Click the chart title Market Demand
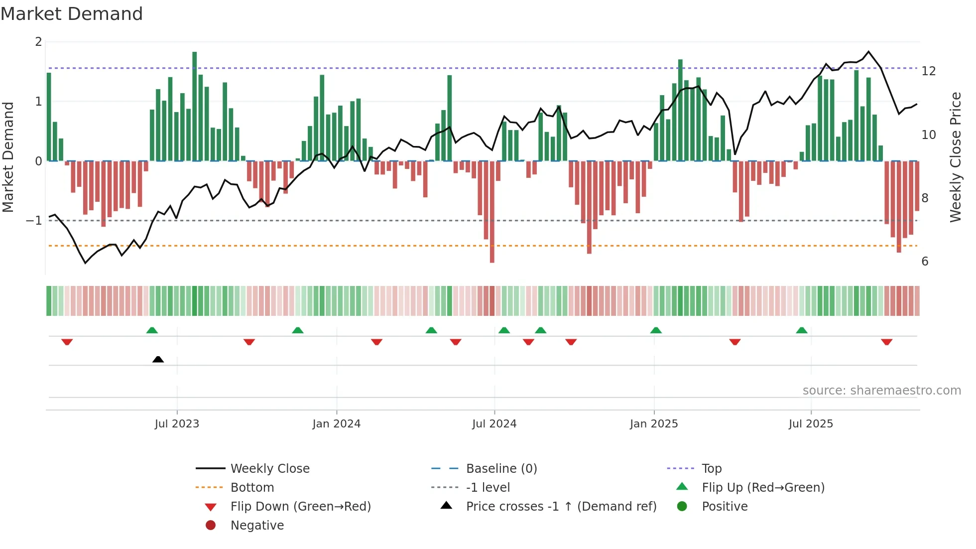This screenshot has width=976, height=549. (72, 14)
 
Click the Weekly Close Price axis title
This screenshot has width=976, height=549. (955, 157)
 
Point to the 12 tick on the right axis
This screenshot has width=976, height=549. (928, 71)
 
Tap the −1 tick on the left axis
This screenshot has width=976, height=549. (34, 220)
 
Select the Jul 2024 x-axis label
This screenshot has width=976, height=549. (494, 424)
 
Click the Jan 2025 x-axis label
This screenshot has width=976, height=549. (653, 424)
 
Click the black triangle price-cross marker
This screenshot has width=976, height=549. (158, 359)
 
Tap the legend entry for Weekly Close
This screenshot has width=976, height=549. (269, 468)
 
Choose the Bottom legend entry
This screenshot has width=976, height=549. (252, 487)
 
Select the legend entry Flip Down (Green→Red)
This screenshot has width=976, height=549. (300, 506)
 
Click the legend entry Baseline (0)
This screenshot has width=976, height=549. (501, 468)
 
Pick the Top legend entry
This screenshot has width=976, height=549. (711, 468)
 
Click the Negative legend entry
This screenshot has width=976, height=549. (257, 525)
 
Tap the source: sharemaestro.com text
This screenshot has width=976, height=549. (881, 390)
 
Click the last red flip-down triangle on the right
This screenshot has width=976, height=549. (886, 342)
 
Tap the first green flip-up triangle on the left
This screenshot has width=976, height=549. (152, 330)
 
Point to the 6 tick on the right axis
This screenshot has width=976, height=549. (925, 262)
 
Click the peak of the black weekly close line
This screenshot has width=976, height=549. (868, 51)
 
